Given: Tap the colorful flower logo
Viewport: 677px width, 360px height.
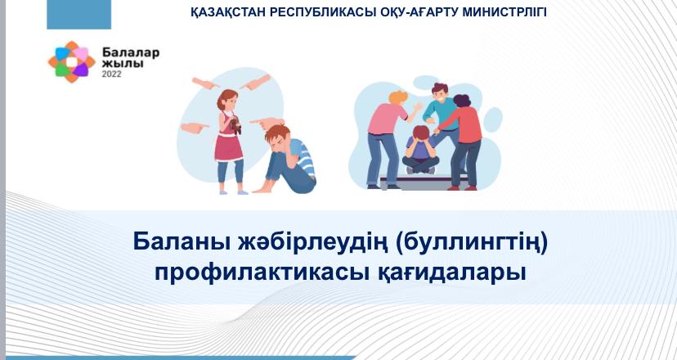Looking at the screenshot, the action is [71, 62].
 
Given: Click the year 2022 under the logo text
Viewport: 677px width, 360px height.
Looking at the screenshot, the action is [111, 74].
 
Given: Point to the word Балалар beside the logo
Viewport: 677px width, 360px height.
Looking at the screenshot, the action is [131, 53].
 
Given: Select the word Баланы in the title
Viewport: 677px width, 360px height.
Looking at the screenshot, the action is [182, 241].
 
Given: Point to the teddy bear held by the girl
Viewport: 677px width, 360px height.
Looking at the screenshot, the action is [235, 124].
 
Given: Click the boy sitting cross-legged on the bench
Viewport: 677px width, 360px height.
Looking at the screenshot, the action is [420, 151].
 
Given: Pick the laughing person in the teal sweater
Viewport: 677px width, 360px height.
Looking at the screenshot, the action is [440, 113].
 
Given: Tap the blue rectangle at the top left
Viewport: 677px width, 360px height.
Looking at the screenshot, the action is [79, 14].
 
